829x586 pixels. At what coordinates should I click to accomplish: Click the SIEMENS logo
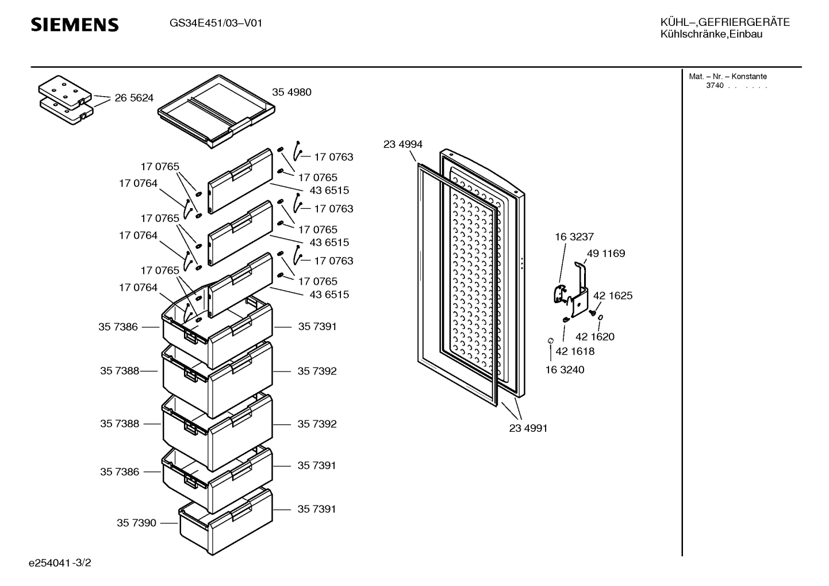pos(75,25)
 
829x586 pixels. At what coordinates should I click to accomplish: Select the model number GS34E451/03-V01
pos(216,24)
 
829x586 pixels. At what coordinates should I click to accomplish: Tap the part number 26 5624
pos(134,98)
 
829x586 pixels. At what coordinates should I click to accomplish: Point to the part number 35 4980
pos(291,92)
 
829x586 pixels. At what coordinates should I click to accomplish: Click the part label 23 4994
pos(402,144)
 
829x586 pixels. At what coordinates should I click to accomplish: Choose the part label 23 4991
pos(528,428)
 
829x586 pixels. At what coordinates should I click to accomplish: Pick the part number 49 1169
pos(606,253)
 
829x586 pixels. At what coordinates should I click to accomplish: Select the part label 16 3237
pos(574,236)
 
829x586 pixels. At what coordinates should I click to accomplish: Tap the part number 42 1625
pos(613,296)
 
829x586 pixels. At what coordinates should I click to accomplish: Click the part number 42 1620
pos(595,336)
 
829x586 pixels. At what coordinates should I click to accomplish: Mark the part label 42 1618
pos(575,351)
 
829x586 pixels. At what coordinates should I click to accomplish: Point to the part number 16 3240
pos(565,369)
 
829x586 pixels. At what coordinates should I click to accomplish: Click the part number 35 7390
pos(136,523)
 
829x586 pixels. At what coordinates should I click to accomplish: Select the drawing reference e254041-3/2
pos(60,562)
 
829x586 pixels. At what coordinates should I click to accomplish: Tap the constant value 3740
pos(715,86)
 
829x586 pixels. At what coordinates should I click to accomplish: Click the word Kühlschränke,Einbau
pos(711,35)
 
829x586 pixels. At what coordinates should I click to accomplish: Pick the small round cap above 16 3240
pos(550,340)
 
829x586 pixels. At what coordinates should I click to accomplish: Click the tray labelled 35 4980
pos(217,111)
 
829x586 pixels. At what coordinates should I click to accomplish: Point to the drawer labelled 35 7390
pos(226,522)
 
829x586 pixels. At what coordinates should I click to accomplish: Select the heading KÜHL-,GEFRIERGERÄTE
pos(725,22)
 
